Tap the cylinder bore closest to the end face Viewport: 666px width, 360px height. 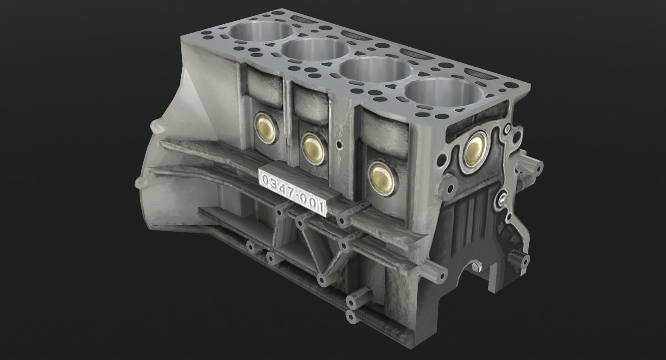[443, 95]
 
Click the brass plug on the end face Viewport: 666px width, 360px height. [475, 149]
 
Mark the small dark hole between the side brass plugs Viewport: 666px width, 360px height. [339, 145]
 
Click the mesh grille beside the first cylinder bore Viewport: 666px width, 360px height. [302, 19]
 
